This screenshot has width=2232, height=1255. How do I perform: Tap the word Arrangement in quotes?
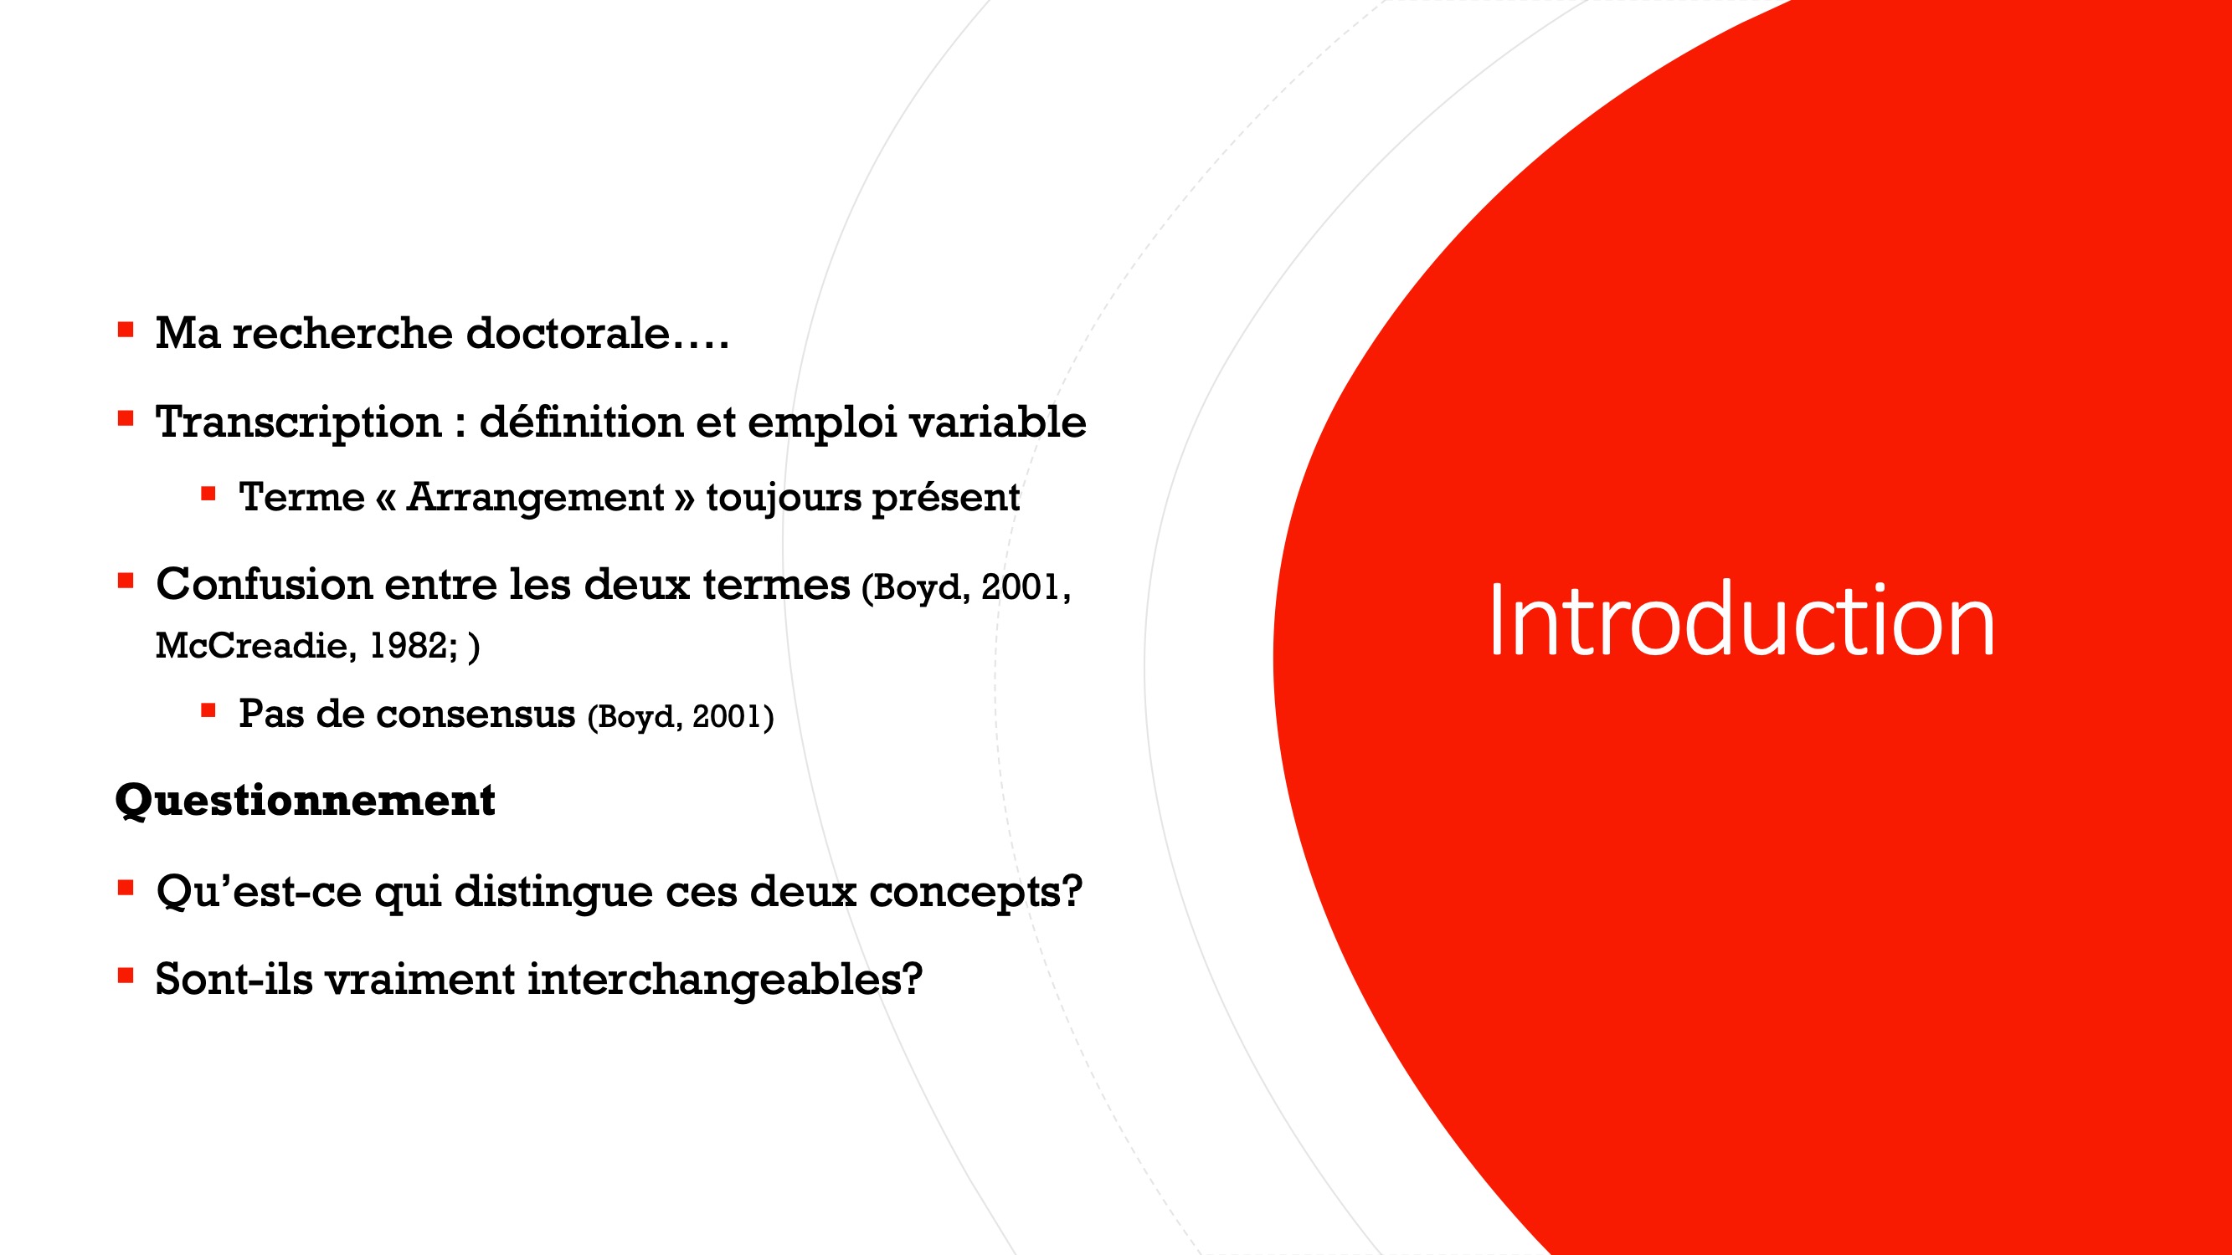[x=536, y=498]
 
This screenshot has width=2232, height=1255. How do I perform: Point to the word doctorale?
[x=568, y=334]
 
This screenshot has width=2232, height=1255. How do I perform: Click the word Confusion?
[x=265, y=584]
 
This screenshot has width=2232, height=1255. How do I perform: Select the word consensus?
[x=476, y=715]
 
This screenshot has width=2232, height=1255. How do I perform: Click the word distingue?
[x=553, y=893]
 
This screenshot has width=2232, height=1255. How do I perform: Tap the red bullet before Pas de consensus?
[x=208, y=711]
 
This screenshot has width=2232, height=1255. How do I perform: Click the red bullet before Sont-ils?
[x=126, y=976]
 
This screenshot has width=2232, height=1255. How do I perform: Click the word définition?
[x=580, y=423]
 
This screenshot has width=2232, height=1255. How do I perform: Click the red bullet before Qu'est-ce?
[x=126, y=888]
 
